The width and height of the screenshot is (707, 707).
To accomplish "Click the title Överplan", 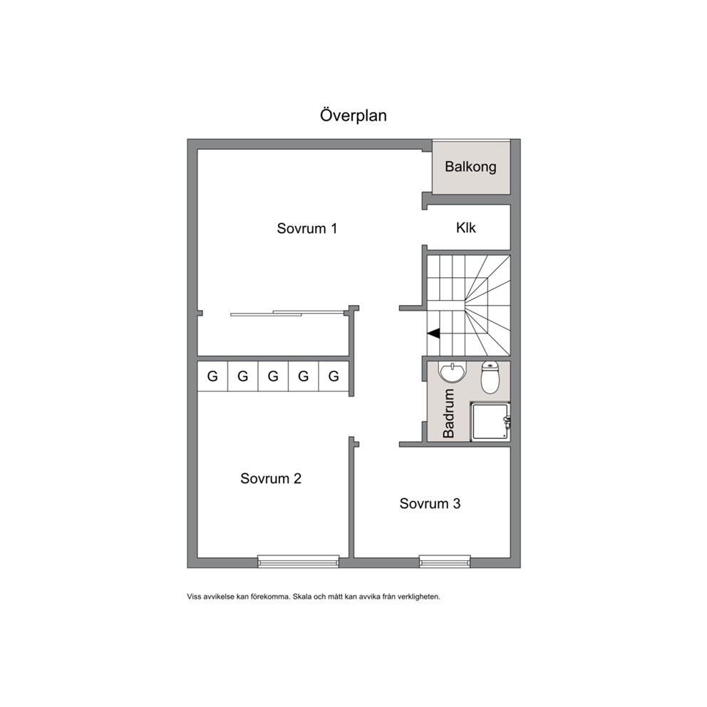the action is point(353,115).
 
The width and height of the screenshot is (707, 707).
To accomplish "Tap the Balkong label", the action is point(470,167).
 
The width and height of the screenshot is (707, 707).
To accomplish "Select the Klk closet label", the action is point(466,227).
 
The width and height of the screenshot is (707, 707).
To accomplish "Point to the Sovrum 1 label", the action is point(306,229).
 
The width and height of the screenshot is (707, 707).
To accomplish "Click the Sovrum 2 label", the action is point(271,478).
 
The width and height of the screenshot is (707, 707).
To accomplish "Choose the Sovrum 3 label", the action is point(430,504).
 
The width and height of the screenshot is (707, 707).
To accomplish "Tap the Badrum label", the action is point(448,413).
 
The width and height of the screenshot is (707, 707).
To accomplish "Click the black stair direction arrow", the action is point(434,334).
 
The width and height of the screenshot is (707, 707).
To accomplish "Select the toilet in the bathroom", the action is point(490,377).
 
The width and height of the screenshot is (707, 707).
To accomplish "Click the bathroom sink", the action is point(451,373).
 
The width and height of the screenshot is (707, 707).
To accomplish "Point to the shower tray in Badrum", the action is point(490,421).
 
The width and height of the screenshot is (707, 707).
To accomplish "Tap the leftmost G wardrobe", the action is point(212,376).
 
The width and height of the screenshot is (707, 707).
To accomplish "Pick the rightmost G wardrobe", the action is point(334,376).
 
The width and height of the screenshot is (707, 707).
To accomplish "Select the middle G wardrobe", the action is point(273,376).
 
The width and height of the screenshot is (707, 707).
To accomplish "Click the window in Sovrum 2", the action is point(298,561).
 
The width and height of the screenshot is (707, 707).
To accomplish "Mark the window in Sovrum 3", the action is point(445,561).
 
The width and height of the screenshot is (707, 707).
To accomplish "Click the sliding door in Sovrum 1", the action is point(287,313).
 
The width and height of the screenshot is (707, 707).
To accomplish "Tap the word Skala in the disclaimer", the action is point(301,597).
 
